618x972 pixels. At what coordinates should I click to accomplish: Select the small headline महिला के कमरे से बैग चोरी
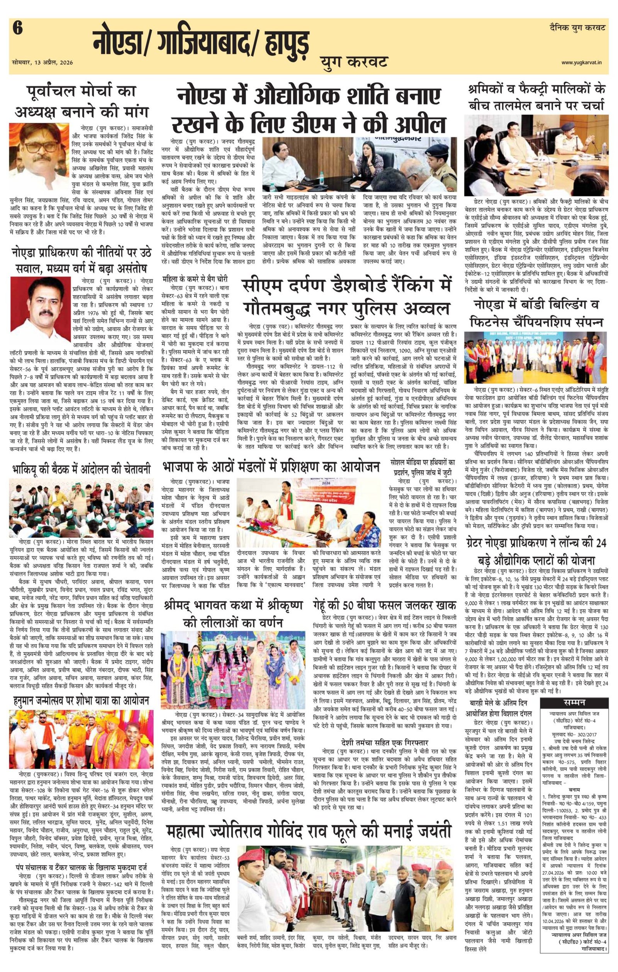click(x=195, y=279)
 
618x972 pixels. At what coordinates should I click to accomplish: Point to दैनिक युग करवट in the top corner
click(x=577, y=28)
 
